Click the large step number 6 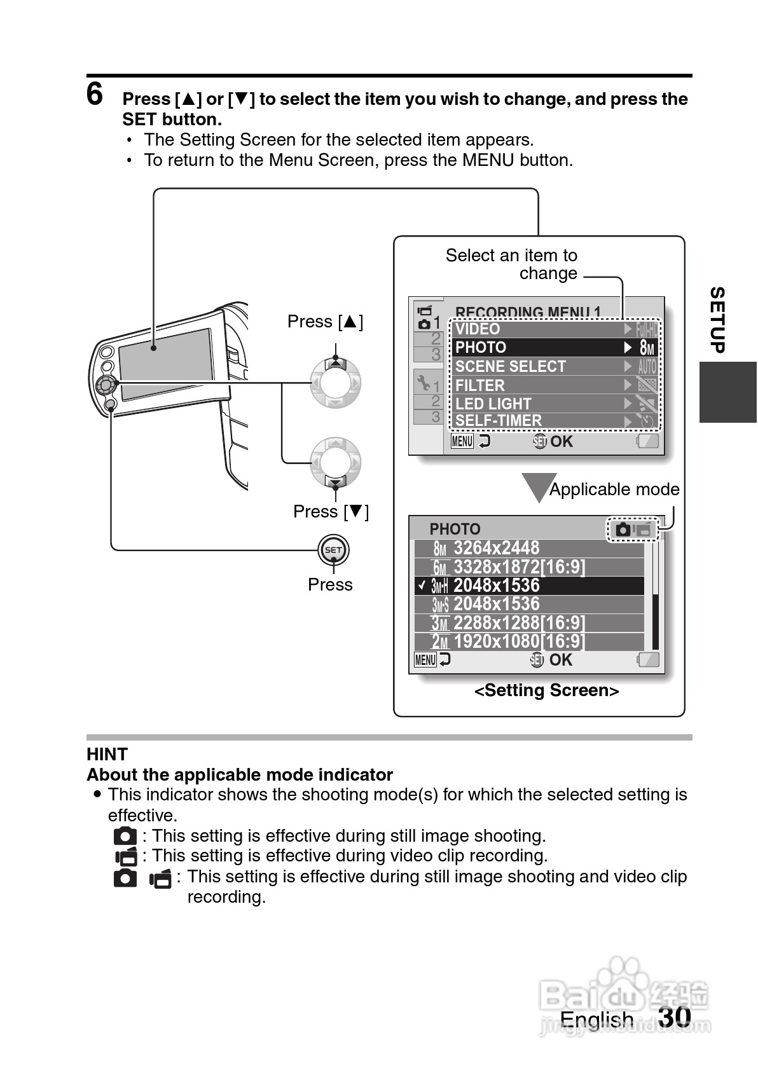coord(95,95)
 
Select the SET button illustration coord(333,550)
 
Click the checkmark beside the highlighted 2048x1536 coord(421,585)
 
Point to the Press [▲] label coord(325,322)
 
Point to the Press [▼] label coord(331,512)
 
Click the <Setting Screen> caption coord(546,690)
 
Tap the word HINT coord(107,755)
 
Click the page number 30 coord(675,1017)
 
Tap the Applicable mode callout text coord(614,489)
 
